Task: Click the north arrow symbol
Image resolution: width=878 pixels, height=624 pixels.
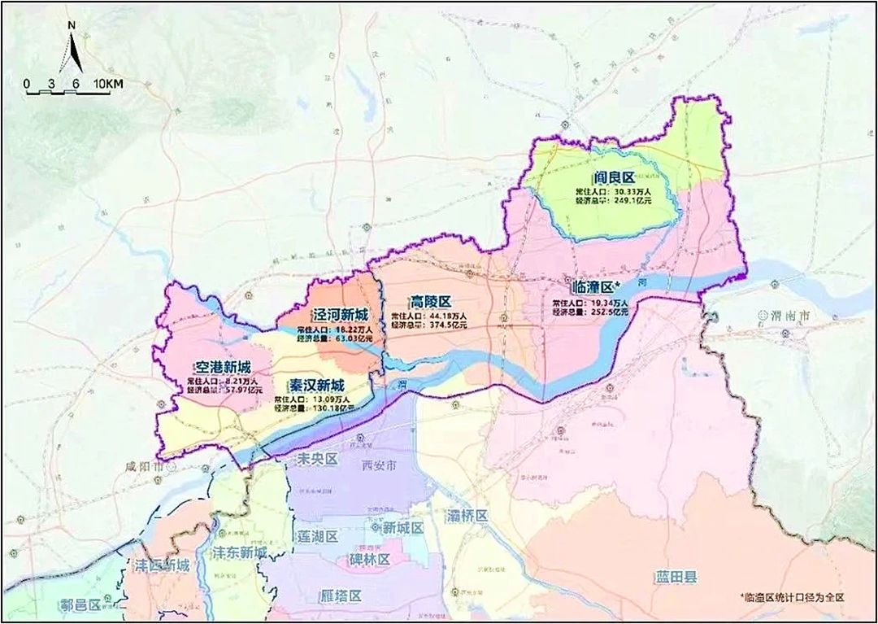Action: (x=72, y=50)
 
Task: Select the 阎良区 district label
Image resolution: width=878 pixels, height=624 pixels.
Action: (x=614, y=177)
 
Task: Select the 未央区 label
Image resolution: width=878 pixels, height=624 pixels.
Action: (x=313, y=459)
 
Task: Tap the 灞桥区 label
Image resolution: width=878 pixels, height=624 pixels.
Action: (x=467, y=516)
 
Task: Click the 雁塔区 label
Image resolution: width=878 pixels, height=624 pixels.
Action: (x=339, y=596)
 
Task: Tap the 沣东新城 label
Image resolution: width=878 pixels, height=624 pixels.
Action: (x=238, y=553)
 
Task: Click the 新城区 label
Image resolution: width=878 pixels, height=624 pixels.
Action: (x=403, y=528)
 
